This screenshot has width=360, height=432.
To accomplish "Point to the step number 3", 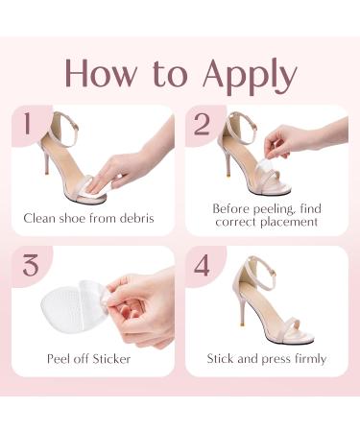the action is click(31, 265).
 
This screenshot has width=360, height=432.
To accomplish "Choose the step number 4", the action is click(203, 265).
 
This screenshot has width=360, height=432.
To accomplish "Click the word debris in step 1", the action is click(137, 218).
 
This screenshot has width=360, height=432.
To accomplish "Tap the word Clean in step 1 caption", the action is click(39, 218).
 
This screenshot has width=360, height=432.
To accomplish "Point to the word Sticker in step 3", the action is click(111, 359).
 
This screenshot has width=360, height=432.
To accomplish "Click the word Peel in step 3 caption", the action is click(59, 359).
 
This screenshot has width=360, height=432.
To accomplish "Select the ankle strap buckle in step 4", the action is click(274, 272).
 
